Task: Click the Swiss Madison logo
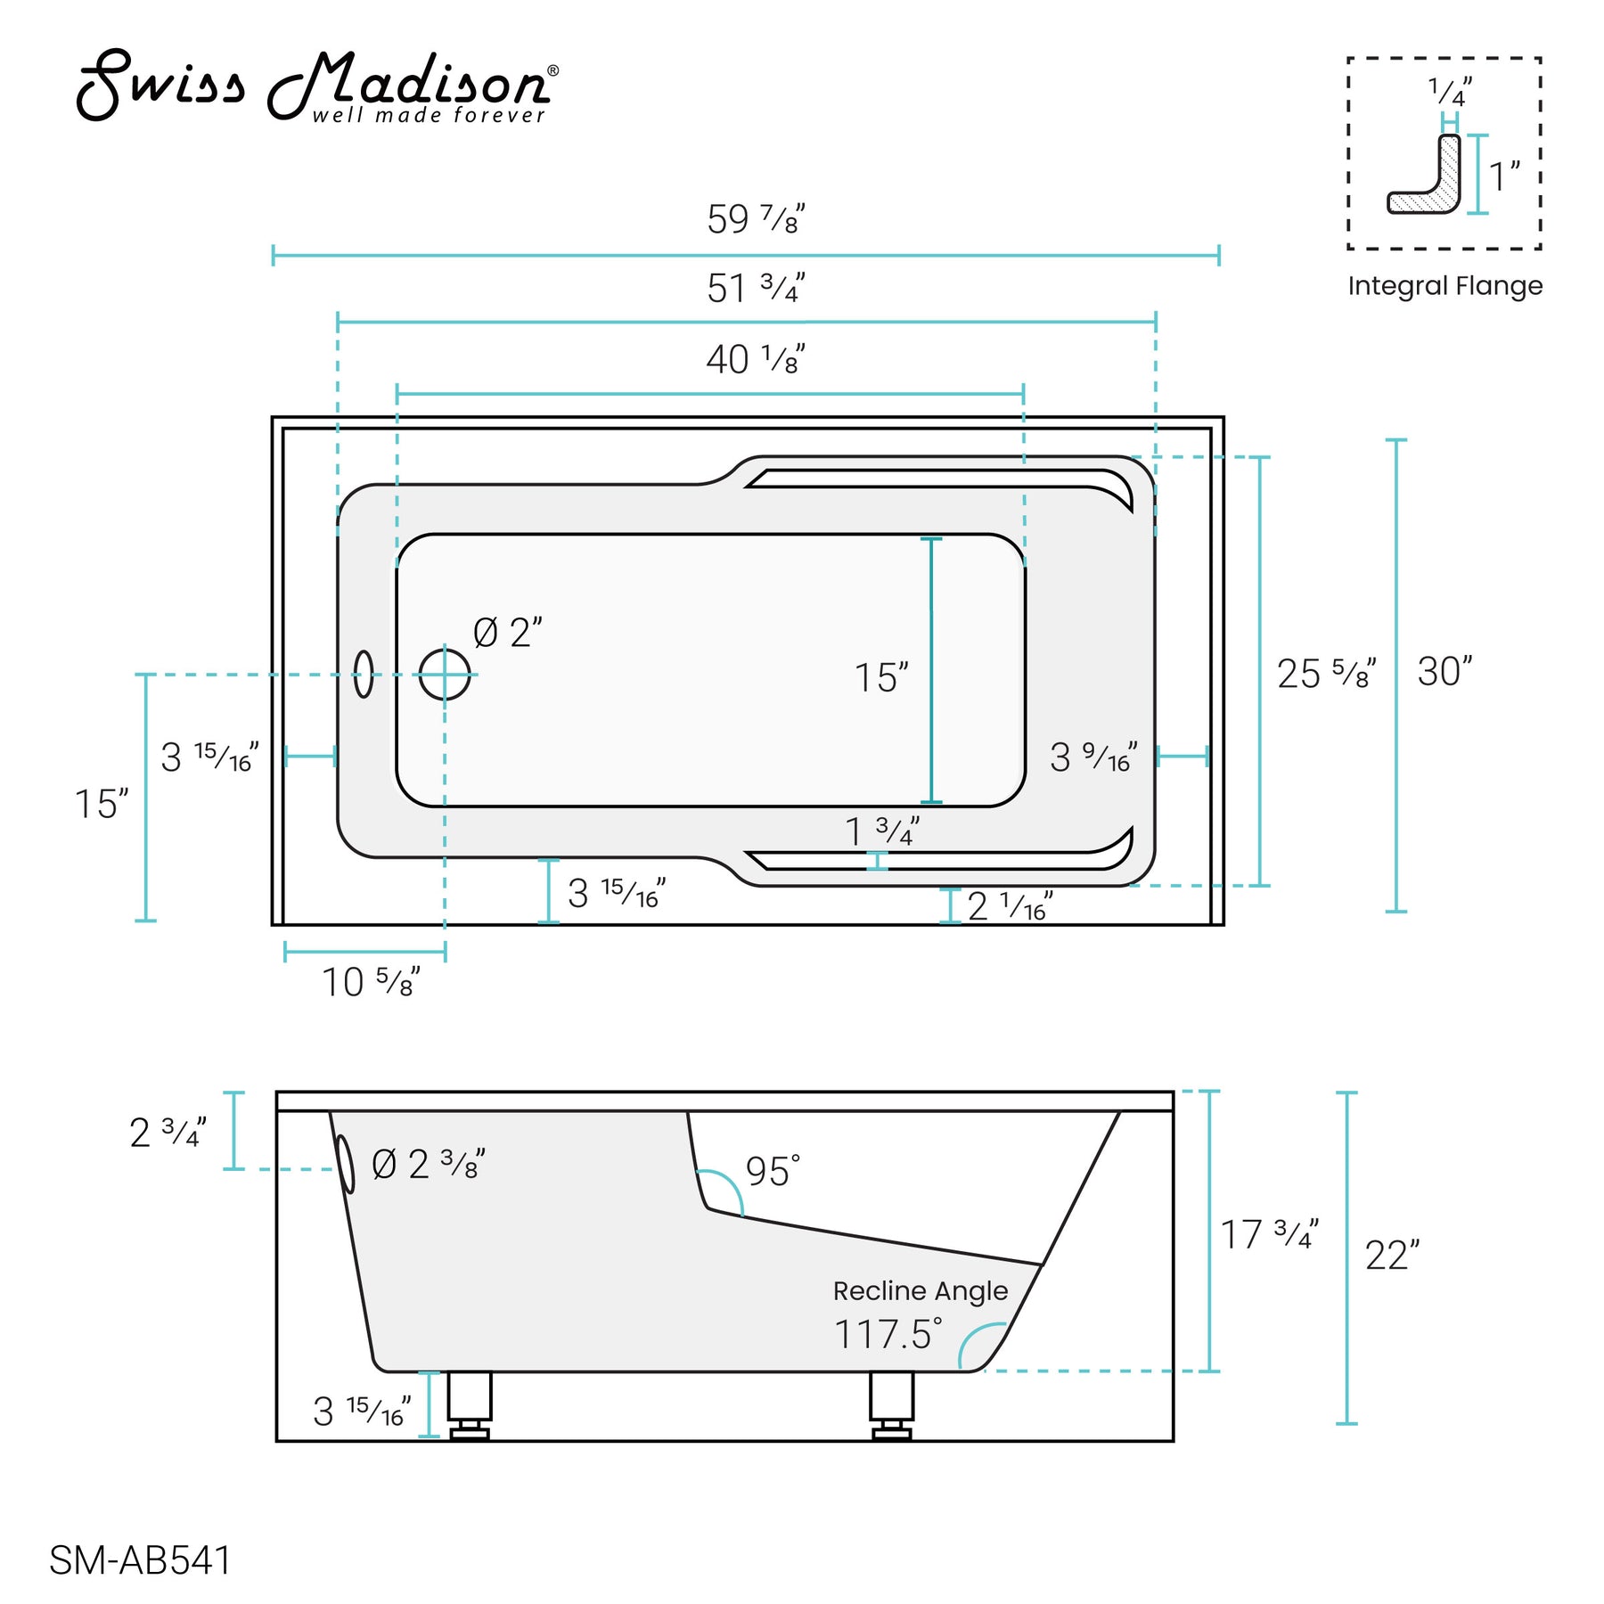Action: pos(316,86)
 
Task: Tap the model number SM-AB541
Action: pos(140,1560)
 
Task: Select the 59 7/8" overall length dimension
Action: pos(755,219)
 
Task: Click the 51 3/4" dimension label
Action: pos(755,288)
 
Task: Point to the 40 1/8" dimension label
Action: pos(755,359)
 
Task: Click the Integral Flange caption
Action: pos(1444,286)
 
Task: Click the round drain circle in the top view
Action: pos(445,675)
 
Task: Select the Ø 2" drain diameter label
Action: pos(506,634)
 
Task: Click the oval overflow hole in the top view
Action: pos(364,674)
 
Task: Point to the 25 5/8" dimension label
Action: pos(1325,674)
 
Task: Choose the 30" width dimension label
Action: pos(1444,672)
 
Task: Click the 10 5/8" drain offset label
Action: pos(370,982)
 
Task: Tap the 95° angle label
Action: pos(772,1172)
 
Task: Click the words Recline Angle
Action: pos(920,1290)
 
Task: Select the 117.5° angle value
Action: pos(887,1334)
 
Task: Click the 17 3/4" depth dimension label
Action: pos(1268,1235)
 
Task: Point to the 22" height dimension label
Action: pos(1391,1256)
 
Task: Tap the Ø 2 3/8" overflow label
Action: pos(427,1165)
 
